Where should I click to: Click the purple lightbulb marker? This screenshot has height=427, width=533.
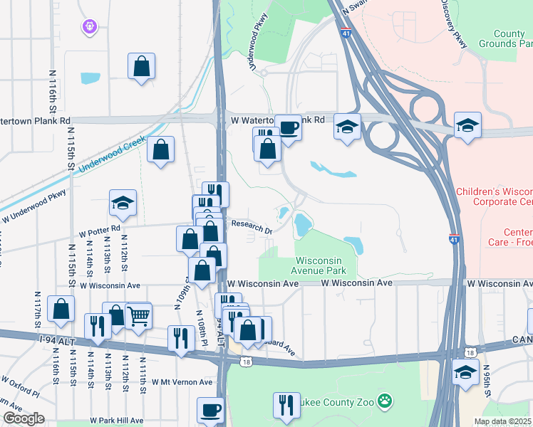[89, 26]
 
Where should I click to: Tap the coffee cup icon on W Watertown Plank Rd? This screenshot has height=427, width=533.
[289, 128]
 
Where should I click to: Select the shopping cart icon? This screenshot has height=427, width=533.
[138, 315]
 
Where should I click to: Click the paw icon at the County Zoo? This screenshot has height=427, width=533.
[385, 402]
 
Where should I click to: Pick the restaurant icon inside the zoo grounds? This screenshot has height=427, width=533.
[286, 404]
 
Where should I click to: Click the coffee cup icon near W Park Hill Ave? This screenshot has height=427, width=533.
[211, 411]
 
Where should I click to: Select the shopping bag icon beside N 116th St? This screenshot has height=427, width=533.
[61, 308]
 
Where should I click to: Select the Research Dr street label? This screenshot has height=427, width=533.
[252, 226]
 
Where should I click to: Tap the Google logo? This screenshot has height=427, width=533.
[24, 418]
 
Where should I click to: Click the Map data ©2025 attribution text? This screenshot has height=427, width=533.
[502, 421]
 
